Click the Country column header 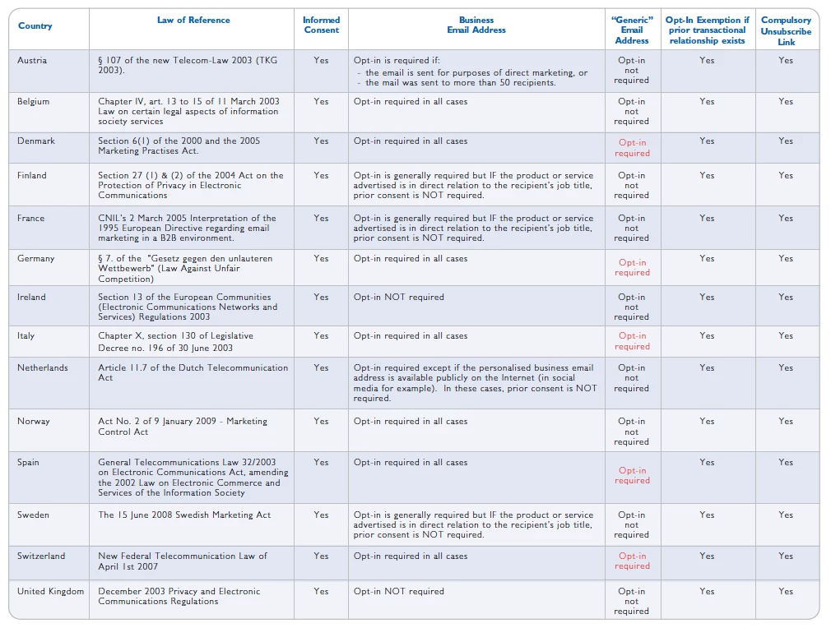35,26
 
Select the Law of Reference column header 193,21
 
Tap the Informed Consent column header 321,25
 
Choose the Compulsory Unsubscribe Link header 786,30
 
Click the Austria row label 32,61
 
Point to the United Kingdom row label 50,592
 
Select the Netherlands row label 44,368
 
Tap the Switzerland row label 41,556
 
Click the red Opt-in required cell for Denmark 632,148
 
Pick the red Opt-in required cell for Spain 632,476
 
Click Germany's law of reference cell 185,269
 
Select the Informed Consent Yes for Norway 321,422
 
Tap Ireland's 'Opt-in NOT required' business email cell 399,298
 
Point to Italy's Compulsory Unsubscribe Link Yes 786,336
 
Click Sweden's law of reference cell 184,515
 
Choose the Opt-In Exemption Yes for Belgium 707,102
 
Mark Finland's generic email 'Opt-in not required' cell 631,186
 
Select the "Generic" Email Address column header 631,30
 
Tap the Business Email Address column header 476,25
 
